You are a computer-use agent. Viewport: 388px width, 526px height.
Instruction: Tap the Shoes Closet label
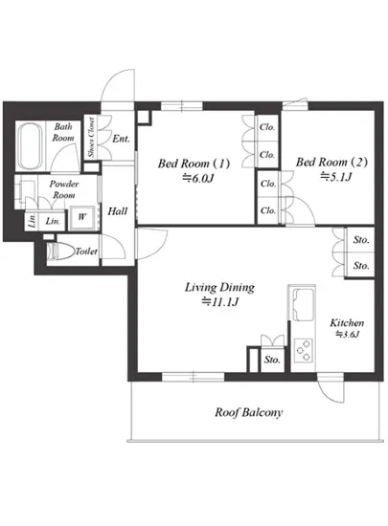91,137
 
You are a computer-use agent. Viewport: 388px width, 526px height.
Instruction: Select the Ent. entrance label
121,139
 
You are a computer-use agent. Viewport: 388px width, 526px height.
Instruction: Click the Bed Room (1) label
194,164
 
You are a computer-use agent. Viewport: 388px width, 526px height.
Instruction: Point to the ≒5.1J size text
335,176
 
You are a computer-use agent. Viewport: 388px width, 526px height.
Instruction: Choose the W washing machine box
82,217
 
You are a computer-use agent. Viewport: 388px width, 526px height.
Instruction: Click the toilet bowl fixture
60,251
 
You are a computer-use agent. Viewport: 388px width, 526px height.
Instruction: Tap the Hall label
118,211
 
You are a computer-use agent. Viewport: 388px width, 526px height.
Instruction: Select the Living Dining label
219,288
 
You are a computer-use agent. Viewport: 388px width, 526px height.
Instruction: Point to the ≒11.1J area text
219,302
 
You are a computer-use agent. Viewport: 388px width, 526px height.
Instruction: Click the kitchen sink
303,304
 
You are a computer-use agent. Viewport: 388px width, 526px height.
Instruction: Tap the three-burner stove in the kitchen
303,350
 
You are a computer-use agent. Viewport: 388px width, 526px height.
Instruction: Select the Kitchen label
347,322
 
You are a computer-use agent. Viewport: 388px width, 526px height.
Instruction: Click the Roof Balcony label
248,412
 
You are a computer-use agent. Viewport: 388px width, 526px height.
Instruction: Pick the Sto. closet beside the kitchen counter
272,360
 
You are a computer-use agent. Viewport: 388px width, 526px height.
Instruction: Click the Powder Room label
64,189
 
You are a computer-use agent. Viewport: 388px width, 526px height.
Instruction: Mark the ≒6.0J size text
198,178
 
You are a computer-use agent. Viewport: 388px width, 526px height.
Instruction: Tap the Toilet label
86,252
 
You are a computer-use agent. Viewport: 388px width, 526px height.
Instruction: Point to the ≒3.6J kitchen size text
348,334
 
